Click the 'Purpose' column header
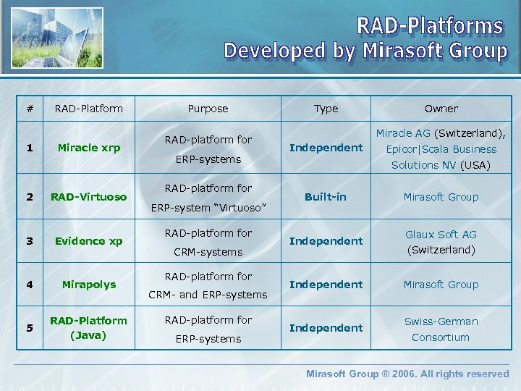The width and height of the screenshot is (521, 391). (208, 109)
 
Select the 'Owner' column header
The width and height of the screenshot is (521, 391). (441, 109)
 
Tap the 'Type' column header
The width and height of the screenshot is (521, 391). (326, 109)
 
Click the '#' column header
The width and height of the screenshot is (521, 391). (29, 109)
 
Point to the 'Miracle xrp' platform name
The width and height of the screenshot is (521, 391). (89, 148)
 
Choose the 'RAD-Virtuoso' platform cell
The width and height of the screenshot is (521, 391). (89, 197)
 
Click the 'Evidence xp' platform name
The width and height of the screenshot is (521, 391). (89, 241)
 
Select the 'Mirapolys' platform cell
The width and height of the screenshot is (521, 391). (89, 285)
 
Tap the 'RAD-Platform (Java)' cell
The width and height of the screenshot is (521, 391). (89, 328)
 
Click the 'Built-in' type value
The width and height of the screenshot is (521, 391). (326, 197)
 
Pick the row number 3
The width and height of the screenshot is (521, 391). (29, 241)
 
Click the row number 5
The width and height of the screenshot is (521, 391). (29, 328)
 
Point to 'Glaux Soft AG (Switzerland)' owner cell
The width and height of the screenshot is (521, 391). (441, 242)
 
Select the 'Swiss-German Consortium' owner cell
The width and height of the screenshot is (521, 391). (441, 329)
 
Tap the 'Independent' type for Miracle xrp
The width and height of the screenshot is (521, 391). (326, 148)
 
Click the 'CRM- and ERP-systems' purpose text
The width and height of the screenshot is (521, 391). (208, 295)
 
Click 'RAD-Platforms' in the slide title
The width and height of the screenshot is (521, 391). (430, 26)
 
